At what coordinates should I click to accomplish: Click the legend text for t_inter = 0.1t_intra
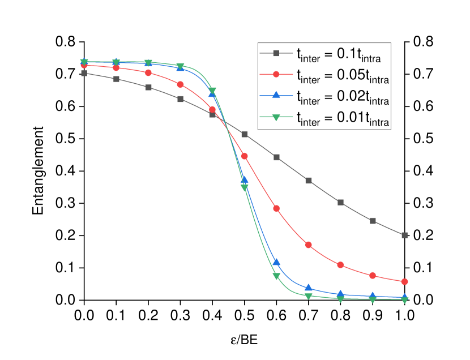(338, 54)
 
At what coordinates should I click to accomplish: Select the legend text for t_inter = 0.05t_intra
(342, 75)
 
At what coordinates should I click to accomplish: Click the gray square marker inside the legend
(276, 53)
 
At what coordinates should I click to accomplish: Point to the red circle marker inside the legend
(276, 74)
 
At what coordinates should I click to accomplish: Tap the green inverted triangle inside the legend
(276, 117)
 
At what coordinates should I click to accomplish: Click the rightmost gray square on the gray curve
(405, 235)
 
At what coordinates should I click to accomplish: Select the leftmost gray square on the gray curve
(84, 73)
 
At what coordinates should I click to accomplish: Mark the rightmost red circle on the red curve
(405, 281)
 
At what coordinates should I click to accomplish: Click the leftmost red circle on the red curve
(84, 65)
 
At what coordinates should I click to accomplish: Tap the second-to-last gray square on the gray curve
(373, 221)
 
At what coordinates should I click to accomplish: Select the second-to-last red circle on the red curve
(373, 276)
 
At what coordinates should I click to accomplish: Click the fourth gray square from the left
(180, 99)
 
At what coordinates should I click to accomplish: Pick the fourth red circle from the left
(180, 84)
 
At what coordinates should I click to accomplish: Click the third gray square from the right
(341, 202)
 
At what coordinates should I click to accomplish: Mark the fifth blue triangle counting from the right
(276, 262)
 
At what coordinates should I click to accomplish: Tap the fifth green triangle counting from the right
(276, 276)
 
